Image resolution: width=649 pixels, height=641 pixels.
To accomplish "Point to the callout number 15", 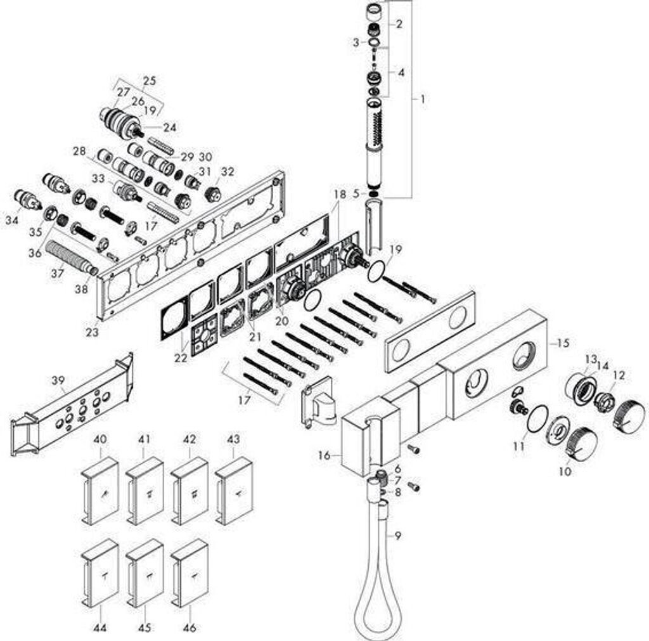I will point(563,343).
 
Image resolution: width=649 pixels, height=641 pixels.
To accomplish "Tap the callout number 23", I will point(93,331).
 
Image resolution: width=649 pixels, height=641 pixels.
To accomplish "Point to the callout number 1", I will point(423,99).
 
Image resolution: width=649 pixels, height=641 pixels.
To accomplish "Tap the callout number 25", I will point(150,81).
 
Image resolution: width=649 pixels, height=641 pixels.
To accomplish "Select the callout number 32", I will point(228,171).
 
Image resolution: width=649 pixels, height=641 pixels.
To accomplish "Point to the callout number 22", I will point(181,357).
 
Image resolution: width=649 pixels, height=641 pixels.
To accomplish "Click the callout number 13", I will point(591,359).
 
